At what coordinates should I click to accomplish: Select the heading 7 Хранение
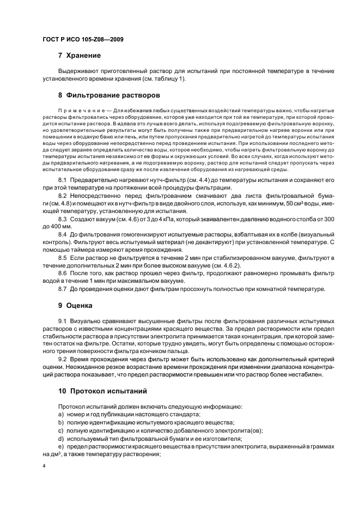[x=80, y=55]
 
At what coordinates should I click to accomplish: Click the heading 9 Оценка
[x=75, y=305]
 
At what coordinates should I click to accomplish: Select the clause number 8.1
[x=63, y=179]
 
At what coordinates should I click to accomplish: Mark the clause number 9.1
[x=63, y=323]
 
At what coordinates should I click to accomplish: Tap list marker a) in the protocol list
[x=60, y=415]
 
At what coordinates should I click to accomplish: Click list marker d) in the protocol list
[x=60, y=438]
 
